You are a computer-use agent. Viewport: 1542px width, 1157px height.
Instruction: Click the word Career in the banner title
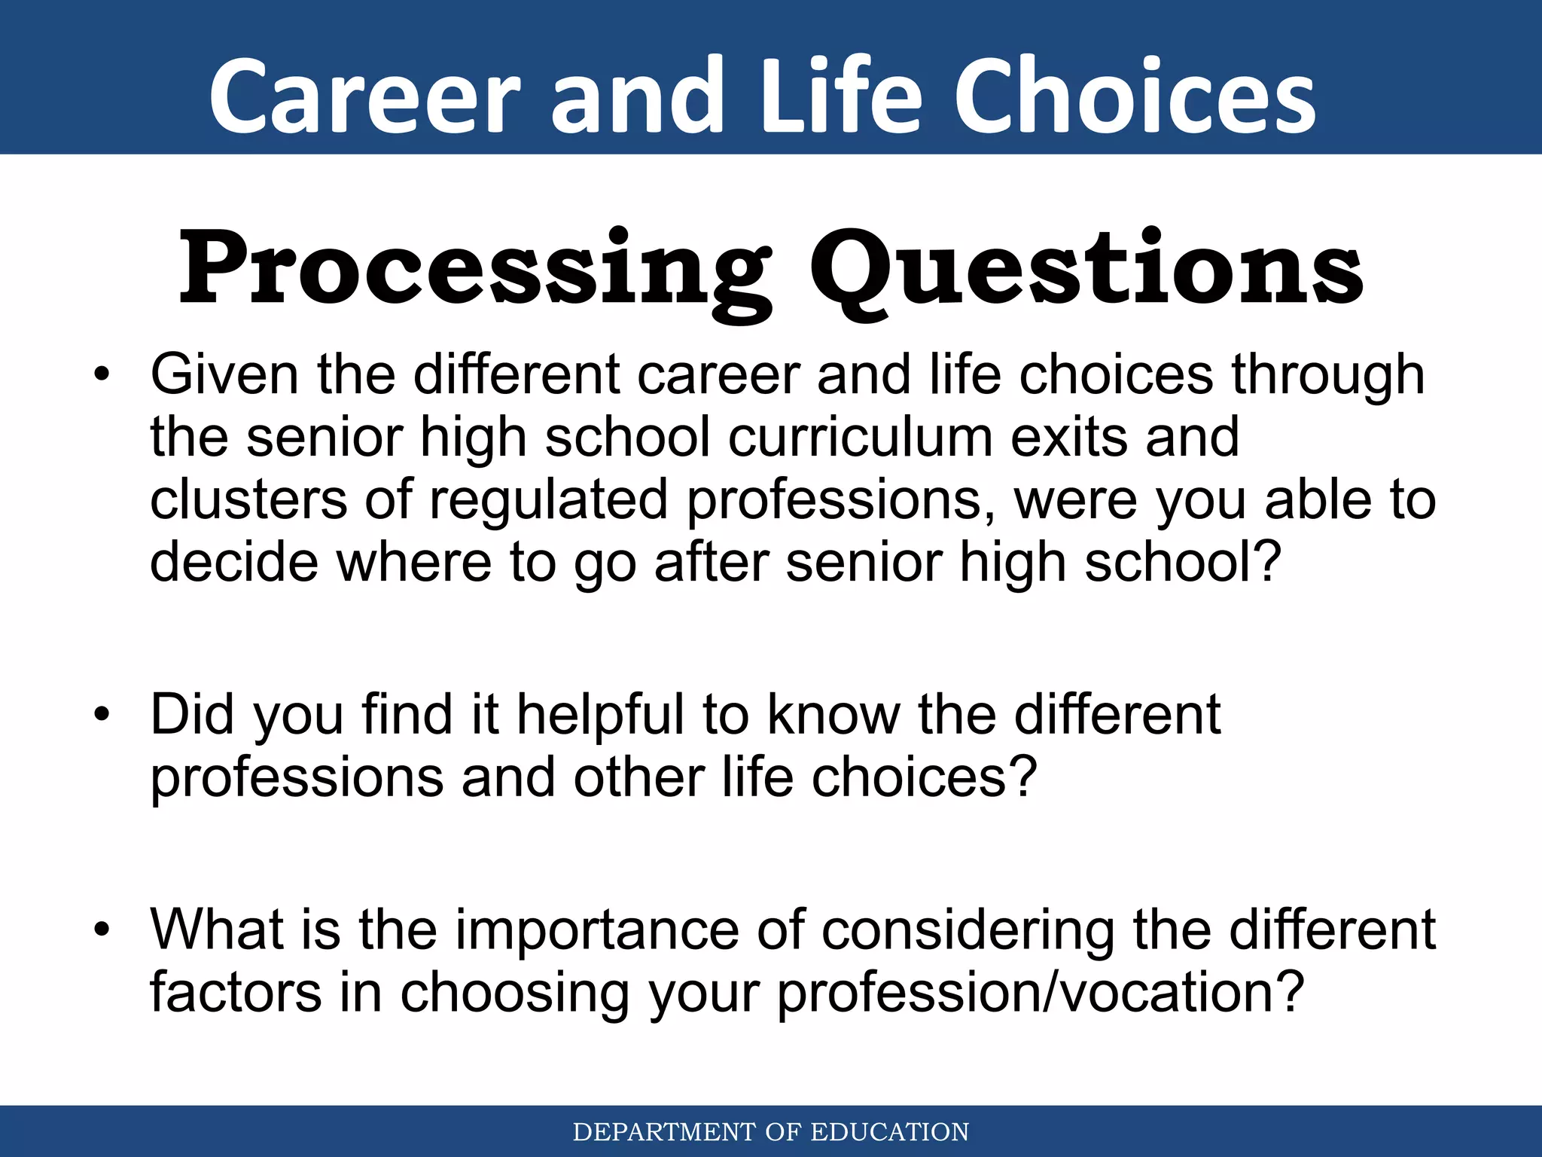364,98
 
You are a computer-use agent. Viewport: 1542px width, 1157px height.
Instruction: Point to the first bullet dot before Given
102,374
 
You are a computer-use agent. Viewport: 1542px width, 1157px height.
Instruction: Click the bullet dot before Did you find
102,714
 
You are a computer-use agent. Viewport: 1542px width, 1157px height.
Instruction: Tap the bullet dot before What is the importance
102,930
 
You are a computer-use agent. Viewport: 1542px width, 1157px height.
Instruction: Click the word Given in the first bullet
224,374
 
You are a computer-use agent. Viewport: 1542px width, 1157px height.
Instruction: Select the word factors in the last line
236,992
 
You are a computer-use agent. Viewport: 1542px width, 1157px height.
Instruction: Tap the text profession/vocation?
1040,992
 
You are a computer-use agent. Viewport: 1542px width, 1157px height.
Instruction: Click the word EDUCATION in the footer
889,1132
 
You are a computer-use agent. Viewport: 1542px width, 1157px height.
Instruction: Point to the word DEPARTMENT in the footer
664,1132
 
